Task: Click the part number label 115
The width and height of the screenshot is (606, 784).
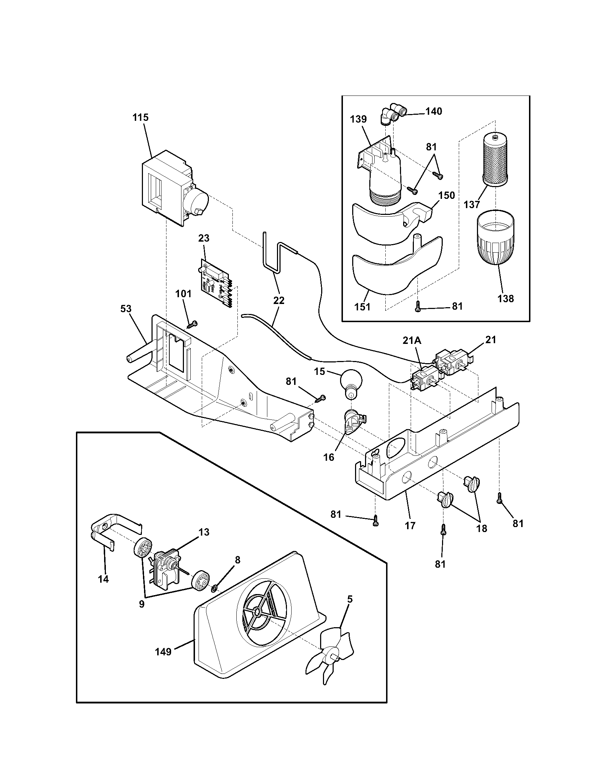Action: pos(140,117)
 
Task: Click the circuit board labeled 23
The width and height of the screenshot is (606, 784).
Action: pos(215,285)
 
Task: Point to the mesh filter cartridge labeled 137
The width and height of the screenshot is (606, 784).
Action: pos(495,159)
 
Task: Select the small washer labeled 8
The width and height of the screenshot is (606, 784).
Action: pos(214,588)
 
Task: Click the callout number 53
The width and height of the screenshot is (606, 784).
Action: pos(125,309)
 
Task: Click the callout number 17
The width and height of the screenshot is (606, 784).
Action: pos(410,525)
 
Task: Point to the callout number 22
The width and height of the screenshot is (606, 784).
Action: pos(279,300)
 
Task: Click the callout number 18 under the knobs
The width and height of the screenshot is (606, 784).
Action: pos(482,528)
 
